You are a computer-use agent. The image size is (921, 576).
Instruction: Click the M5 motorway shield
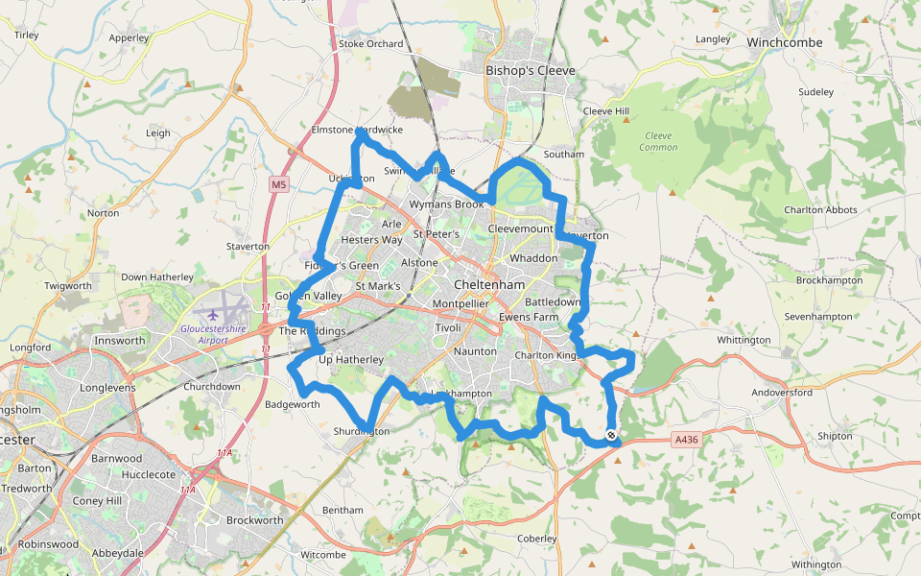coord(278,184)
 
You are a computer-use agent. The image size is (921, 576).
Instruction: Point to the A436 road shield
coord(685,440)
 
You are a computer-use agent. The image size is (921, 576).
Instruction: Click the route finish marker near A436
coord(611,437)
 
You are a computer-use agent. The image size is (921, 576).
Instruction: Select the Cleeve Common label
coord(658,141)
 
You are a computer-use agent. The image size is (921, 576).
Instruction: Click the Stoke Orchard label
coord(371,43)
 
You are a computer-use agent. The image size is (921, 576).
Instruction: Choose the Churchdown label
coord(212,388)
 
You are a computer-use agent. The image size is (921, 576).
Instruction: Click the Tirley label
coord(26,35)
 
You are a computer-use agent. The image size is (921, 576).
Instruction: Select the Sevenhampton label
coord(817,316)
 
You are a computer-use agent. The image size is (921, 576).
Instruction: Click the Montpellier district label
coord(461,304)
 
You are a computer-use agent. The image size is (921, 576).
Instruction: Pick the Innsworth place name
coord(119,341)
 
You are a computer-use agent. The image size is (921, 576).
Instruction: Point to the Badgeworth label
coord(293,404)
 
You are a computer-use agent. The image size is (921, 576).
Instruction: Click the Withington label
coord(816,564)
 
